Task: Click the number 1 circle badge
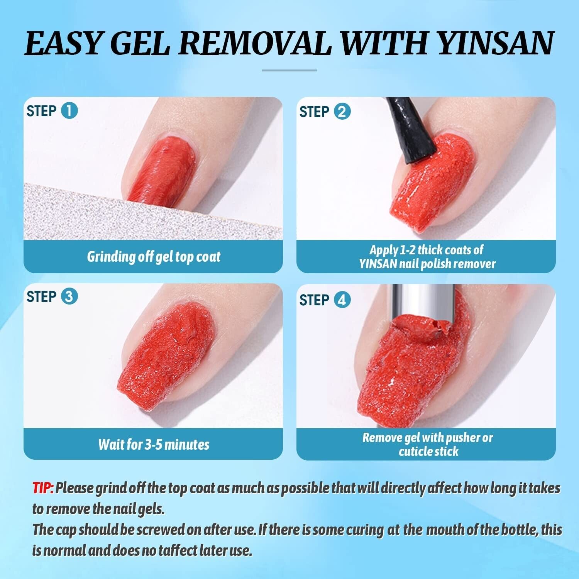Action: click(69, 111)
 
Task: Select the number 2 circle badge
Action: click(342, 112)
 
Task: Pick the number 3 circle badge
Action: click(69, 296)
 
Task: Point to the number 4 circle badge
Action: click(342, 300)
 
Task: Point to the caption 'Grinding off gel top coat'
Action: click(154, 257)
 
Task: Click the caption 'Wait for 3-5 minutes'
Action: click(154, 444)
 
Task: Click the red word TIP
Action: click(43, 488)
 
